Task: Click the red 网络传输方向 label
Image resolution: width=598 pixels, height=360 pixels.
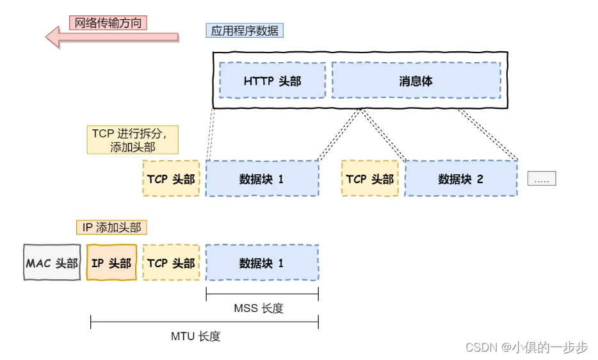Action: tap(108, 22)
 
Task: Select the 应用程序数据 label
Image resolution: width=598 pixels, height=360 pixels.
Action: tap(245, 30)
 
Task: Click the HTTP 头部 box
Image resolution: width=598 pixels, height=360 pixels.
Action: tap(272, 81)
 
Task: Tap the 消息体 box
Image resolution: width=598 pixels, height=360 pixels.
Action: tap(416, 81)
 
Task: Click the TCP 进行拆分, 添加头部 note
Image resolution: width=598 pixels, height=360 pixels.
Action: tap(132, 140)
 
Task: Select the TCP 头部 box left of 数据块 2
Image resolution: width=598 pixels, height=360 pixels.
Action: tap(369, 178)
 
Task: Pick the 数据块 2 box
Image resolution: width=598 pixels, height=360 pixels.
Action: tap(460, 178)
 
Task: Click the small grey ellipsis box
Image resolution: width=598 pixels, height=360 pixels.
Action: tap(541, 179)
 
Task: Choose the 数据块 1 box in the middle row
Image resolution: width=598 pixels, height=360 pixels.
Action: tap(261, 178)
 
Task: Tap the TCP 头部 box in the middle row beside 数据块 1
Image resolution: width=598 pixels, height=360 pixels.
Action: tap(171, 178)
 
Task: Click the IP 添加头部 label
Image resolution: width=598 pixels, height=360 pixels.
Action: tap(112, 227)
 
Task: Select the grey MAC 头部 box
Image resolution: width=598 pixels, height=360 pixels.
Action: tap(52, 263)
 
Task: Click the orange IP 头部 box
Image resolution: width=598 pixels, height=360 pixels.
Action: tap(111, 263)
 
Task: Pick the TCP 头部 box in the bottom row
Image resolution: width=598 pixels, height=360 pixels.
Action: tap(171, 263)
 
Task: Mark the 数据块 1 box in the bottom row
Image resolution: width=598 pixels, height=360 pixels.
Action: tap(261, 263)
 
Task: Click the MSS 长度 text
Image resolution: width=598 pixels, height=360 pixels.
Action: tap(258, 308)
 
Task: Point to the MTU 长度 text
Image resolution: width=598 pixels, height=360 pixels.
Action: tap(195, 336)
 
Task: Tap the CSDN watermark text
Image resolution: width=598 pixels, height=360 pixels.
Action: tap(526, 347)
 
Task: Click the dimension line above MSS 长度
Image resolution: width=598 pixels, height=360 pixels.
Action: tap(262, 294)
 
